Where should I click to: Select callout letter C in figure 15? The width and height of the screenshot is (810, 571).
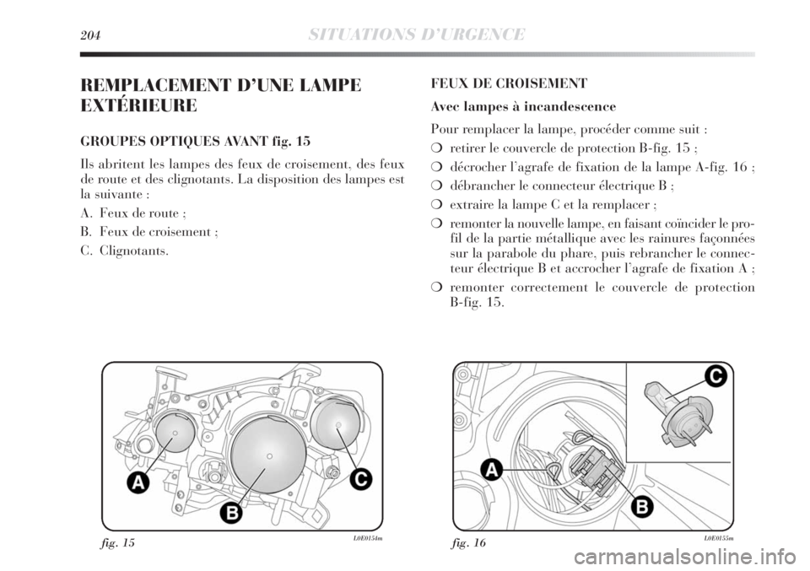[x=359, y=478]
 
